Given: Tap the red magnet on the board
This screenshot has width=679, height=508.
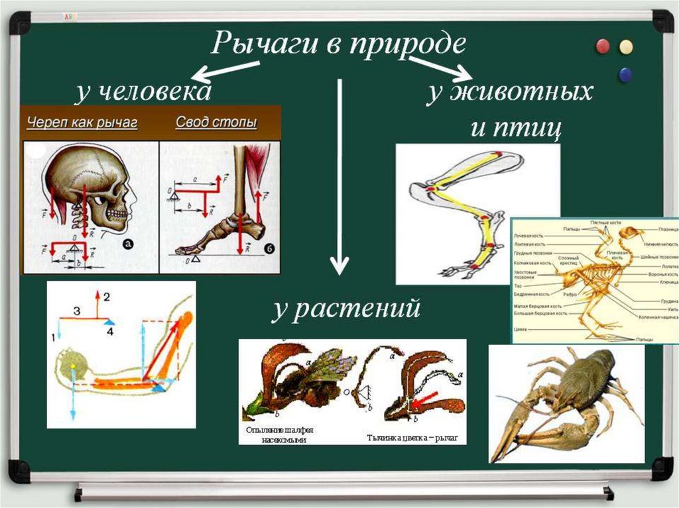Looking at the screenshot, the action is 603,46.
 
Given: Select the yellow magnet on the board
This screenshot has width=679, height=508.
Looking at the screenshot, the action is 625,46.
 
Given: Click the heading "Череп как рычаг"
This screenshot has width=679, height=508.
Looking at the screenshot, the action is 82,123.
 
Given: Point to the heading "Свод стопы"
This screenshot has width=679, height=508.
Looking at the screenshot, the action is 216,123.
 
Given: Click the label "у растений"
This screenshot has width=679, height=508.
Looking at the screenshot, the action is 346,309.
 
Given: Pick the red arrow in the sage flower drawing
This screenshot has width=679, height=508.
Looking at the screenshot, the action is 424,399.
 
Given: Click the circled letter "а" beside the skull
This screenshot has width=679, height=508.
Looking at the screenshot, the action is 129,244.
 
